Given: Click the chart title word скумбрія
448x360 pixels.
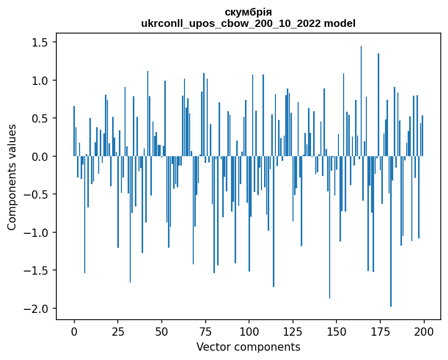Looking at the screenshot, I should (x=248, y=12).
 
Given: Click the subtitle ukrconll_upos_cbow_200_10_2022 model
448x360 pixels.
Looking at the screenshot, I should (x=248, y=23).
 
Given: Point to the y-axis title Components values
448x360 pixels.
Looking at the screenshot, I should (x=11, y=177).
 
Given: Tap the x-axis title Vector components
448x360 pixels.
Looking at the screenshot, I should (x=248, y=347).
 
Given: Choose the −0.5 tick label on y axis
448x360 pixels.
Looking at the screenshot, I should (x=37, y=194).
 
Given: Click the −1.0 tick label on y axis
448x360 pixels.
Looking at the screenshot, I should (x=37, y=233).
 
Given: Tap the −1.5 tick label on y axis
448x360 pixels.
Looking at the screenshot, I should (x=37, y=271).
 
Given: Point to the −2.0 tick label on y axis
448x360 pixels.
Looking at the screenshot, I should (x=37, y=309).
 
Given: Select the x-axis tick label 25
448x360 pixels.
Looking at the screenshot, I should (x=118, y=331).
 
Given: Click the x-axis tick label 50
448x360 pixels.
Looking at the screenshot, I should (x=162, y=331).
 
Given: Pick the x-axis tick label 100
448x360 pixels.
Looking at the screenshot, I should (x=249, y=331).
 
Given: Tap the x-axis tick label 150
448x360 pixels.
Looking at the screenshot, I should (x=336, y=331).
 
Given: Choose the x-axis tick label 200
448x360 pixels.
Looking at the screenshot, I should (x=424, y=331).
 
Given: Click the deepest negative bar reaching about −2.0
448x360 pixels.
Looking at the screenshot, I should (x=391, y=233).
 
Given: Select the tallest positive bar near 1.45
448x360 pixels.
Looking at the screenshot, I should (x=361, y=101).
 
